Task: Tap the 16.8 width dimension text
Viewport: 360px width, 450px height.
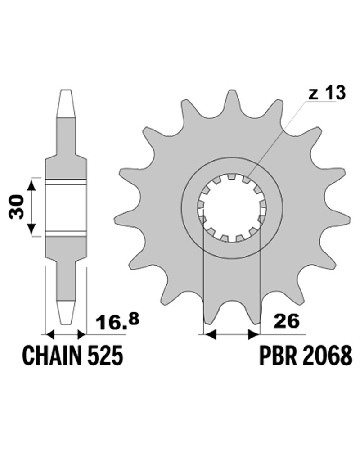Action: [118, 322]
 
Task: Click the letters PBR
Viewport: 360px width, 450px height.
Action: [275, 355]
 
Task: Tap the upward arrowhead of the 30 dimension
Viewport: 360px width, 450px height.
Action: [31, 186]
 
